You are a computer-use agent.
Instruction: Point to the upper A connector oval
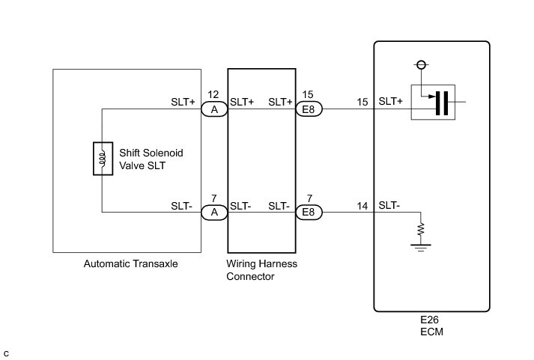[214, 109]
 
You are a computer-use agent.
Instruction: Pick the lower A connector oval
[214, 213]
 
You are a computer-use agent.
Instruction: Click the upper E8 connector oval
[309, 109]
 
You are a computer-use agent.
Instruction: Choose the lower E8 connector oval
[309, 213]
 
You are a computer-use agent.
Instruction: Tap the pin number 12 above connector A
[213, 96]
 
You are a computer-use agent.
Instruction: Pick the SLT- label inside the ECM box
[389, 205]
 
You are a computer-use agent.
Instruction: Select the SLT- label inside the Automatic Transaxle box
[184, 205]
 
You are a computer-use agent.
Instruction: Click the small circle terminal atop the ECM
[422, 65]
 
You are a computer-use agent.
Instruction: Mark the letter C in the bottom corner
[6, 353]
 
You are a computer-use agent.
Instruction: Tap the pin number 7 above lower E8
[309, 199]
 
